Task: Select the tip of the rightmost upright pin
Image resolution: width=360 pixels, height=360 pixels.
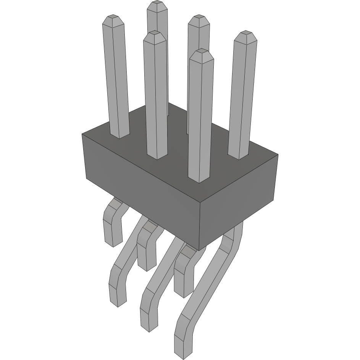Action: coord(246,35)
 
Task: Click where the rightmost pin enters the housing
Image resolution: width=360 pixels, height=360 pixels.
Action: coord(239,156)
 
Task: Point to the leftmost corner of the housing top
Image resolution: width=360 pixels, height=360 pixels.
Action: coord(82,134)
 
